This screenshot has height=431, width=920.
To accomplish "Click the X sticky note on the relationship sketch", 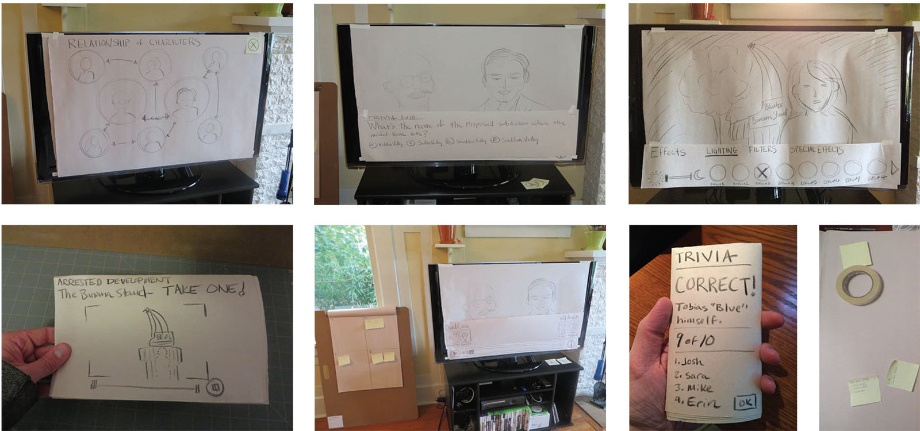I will [x=252, y=44].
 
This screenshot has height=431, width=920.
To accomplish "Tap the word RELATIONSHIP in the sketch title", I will [x=98, y=43].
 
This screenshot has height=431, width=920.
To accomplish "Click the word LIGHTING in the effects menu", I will [x=722, y=151].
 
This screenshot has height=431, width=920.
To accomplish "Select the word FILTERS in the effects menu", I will [x=762, y=149].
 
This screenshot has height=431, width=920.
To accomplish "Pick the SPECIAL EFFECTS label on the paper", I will [x=816, y=149].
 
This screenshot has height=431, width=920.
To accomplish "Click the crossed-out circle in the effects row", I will [x=762, y=171].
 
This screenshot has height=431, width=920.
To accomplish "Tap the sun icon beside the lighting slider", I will [x=655, y=178].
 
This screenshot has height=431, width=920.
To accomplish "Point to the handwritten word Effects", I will [x=668, y=152].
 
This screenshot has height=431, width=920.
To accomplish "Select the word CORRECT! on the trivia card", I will [x=715, y=284].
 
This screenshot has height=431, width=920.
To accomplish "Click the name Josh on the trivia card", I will [x=690, y=361].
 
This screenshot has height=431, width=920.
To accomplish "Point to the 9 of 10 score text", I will [x=695, y=340].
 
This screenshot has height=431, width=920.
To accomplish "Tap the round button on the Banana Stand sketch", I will [x=216, y=387].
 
